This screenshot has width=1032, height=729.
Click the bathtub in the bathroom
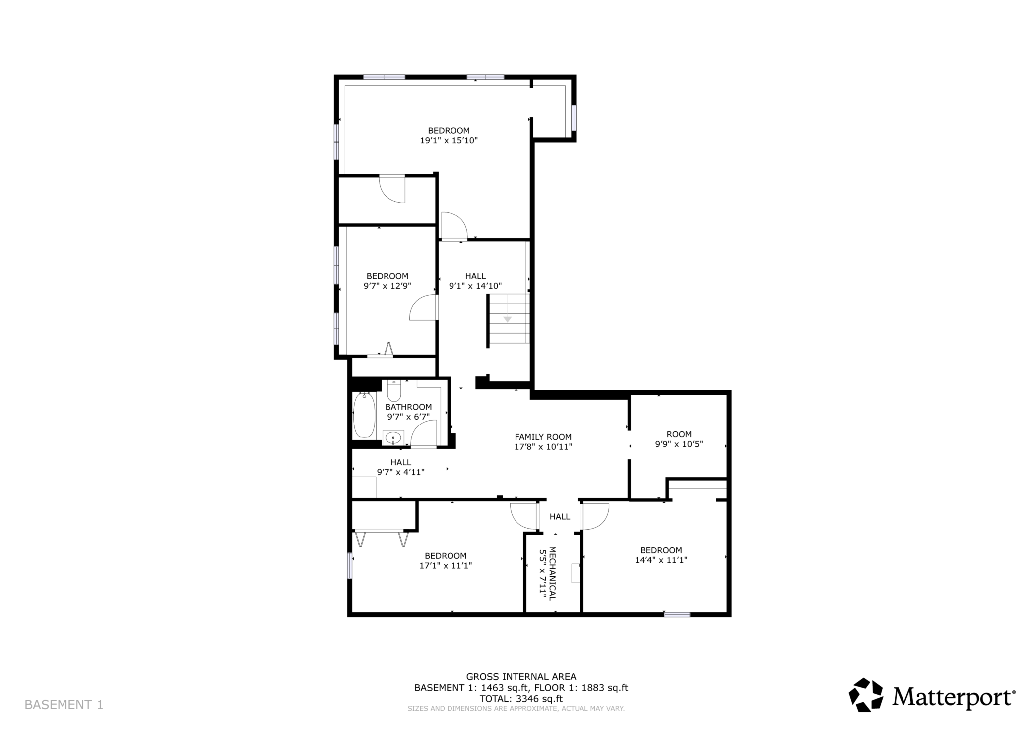tap(364, 415)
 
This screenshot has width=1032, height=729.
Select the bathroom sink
tap(393, 437)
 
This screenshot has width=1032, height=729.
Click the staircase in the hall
tap(508, 318)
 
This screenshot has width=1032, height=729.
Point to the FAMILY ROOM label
tap(543, 437)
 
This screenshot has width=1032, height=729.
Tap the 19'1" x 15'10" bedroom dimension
tap(449, 140)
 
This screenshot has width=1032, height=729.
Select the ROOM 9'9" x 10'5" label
tap(679, 439)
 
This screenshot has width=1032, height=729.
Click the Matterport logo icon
tap(866, 695)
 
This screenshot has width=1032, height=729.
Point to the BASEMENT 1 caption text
tap(64, 705)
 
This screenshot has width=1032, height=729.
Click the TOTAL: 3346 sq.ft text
tap(521, 699)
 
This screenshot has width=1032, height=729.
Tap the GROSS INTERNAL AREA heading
tap(521, 676)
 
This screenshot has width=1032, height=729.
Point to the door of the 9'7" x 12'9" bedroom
tap(424, 308)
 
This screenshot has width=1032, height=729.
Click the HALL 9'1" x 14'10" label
tap(475, 281)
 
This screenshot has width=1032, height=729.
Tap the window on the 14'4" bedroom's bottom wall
tap(677, 614)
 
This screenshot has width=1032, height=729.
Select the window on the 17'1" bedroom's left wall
tap(350, 565)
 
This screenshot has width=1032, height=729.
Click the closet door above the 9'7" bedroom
tap(392, 189)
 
